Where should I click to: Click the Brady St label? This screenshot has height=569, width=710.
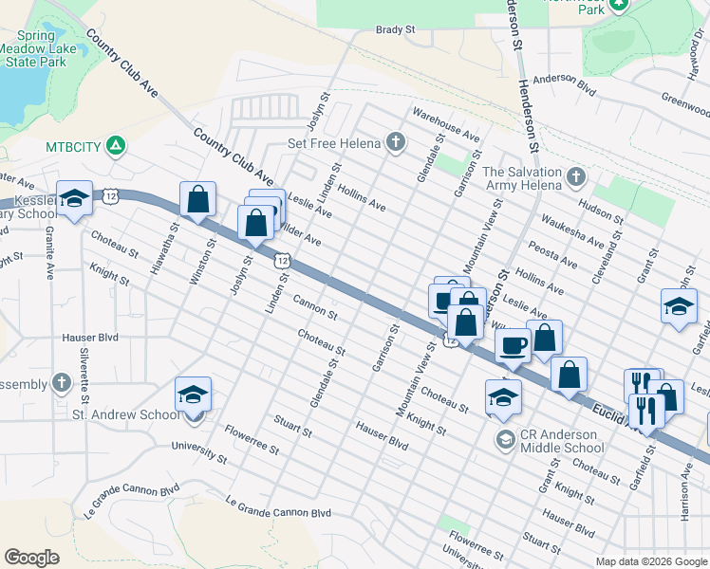tap(396, 30)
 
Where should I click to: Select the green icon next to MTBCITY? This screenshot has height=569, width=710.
tap(115, 146)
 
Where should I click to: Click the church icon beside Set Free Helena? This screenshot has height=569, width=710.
tap(396, 144)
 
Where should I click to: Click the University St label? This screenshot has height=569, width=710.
tap(199, 452)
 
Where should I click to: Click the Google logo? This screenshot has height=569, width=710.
tap(32, 558)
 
